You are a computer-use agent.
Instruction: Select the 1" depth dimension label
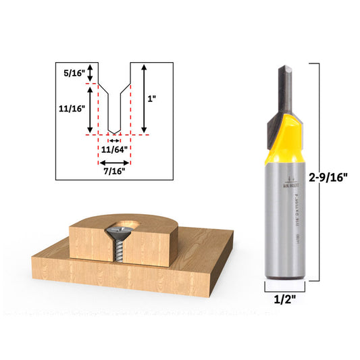pos(154,98)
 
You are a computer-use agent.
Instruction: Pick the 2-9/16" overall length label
pos(328,178)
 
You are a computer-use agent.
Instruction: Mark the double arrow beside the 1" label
pos(144,98)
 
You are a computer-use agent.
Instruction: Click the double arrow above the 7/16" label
pos(114,162)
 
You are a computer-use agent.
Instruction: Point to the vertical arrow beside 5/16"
pos(91,70)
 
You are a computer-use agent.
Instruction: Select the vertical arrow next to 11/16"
pos(91,108)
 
